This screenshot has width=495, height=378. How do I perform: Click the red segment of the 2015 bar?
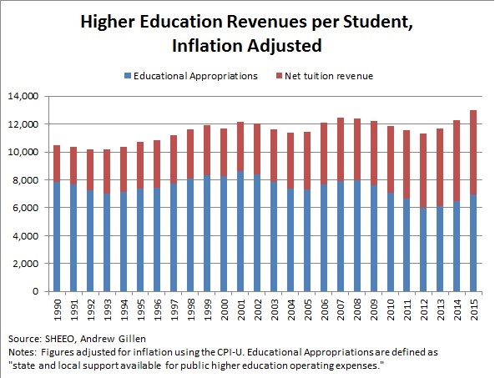click(x=473, y=153)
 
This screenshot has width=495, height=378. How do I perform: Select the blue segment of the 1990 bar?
click(x=57, y=236)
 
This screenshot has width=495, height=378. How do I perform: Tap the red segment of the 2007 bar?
click(x=340, y=149)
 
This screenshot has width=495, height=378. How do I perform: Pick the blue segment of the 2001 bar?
click(x=240, y=231)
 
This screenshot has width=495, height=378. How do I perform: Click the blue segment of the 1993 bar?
click(x=107, y=242)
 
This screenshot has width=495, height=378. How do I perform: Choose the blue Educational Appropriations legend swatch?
click(x=128, y=76)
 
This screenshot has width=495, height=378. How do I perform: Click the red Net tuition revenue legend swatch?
click(x=279, y=76)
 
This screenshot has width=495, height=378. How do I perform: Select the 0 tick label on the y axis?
click(x=35, y=291)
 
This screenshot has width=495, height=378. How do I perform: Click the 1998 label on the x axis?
click(x=191, y=310)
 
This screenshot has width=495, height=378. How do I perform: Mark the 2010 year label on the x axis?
click(x=391, y=310)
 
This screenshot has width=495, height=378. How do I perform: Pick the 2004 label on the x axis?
click(x=290, y=310)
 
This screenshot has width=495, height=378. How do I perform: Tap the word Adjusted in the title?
click(x=284, y=46)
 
